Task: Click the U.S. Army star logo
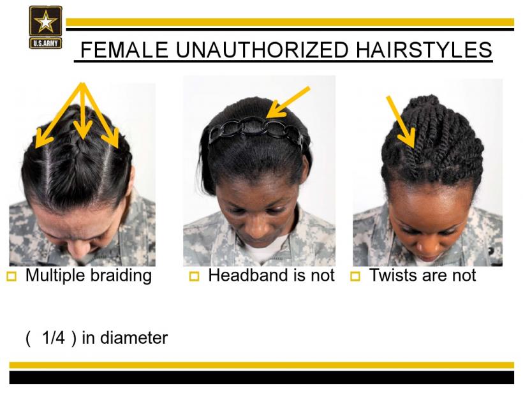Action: point(45,27)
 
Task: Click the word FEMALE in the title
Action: point(124,50)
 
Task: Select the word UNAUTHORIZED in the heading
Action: point(262,50)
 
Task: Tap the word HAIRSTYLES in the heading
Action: point(424,50)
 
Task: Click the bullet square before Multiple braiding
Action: point(11,277)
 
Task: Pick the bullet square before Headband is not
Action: point(194,277)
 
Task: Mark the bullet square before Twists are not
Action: point(355,277)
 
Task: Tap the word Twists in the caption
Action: point(393,275)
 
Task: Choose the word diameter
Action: point(134,337)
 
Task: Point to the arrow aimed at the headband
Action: point(288,103)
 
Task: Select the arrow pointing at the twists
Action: point(401,122)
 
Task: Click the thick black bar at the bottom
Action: point(261,377)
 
